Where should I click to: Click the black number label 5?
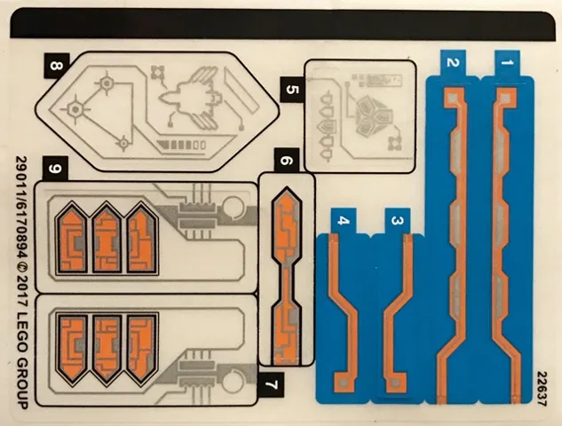click(292, 91)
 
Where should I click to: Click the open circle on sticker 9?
click(233, 210)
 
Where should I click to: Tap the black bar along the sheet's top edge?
click(293, 19)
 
